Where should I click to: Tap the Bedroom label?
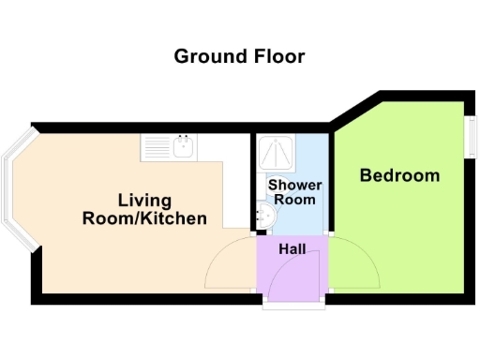click(399, 175)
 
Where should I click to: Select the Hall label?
click(292, 249)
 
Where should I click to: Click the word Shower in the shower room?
click(295, 185)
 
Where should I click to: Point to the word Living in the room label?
click(144, 201)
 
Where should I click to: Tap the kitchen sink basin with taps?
click(184, 146)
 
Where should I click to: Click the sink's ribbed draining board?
click(156, 146)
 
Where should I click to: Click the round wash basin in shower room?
click(266, 216)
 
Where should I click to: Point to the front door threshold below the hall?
click(292, 304)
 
